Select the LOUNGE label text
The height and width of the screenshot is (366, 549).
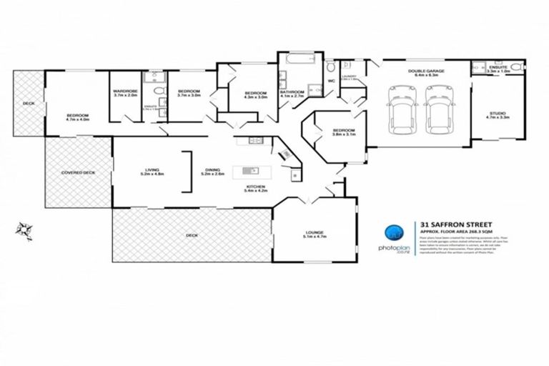click(x=314, y=232)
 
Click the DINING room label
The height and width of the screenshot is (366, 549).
click(x=213, y=169)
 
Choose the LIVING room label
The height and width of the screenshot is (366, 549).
click(x=152, y=169)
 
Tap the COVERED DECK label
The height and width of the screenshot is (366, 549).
click(x=78, y=172)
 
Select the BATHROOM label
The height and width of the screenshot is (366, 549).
click(x=293, y=91)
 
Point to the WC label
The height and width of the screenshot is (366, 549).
click(x=331, y=81)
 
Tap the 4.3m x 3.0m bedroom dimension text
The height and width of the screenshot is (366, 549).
click(x=255, y=98)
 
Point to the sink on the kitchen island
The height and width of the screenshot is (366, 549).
click(x=251, y=171)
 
